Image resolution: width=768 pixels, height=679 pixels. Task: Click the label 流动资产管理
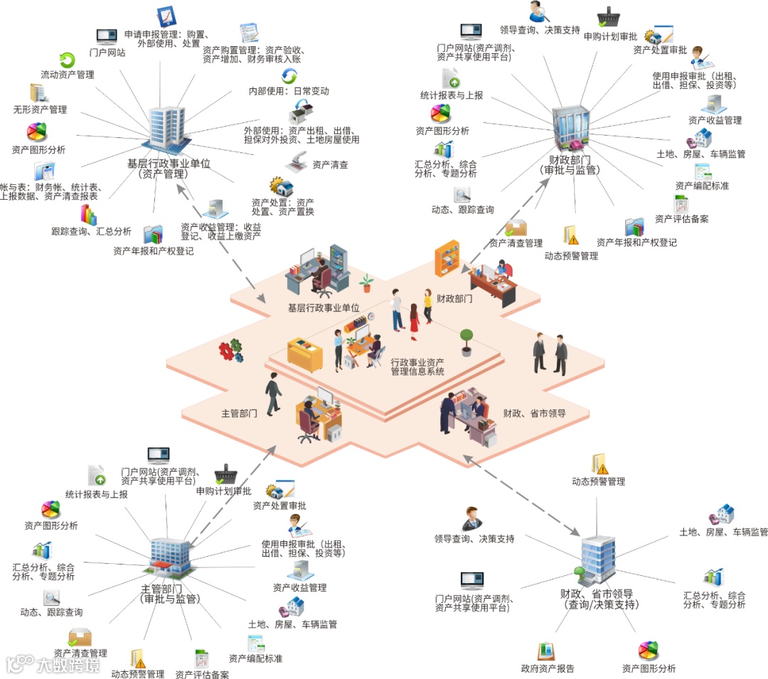click(67, 75)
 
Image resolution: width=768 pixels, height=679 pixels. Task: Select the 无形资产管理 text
click(40, 110)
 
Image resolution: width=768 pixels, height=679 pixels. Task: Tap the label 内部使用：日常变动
click(289, 92)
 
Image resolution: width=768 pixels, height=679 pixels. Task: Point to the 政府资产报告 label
click(548, 668)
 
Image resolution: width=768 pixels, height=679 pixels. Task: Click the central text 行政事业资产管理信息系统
click(417, 367)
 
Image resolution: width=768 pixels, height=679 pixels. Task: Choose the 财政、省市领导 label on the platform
click(534, 413)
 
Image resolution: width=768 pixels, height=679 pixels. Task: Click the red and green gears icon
click(230, 350)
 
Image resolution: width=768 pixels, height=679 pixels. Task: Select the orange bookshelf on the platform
click(448, 257)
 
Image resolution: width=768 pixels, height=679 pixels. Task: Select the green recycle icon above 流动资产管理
click(67, 60)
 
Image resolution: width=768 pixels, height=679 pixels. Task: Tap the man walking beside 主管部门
click(273, 395)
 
